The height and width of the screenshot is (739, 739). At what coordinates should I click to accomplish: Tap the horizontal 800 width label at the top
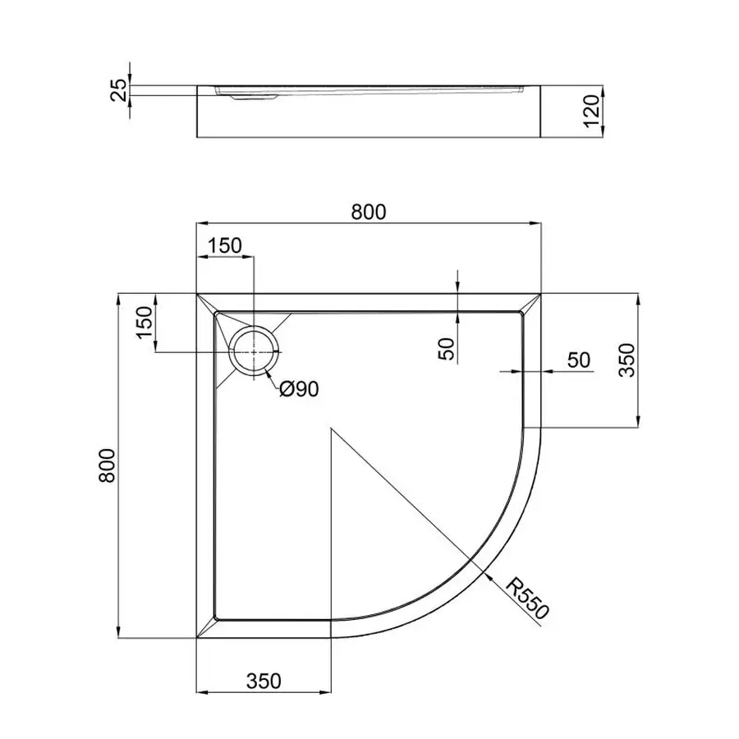point(369,212)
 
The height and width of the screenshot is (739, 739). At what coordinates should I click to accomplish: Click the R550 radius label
point(526,598)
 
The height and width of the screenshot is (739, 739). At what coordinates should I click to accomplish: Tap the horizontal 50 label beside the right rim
point(579,360)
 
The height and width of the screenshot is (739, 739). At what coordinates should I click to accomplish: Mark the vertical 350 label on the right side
point(627,360)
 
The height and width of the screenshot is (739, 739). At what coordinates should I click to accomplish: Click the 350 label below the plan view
point(264,681)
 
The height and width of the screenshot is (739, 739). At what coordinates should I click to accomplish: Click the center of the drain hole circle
point(255,351)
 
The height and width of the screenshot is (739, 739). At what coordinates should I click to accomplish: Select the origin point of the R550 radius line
point(330,428)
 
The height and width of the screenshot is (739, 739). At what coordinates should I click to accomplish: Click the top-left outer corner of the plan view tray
point(197,292)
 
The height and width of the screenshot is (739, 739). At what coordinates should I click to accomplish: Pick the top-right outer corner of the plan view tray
point(542,292)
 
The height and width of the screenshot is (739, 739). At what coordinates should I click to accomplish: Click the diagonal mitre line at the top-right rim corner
point(532,301)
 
